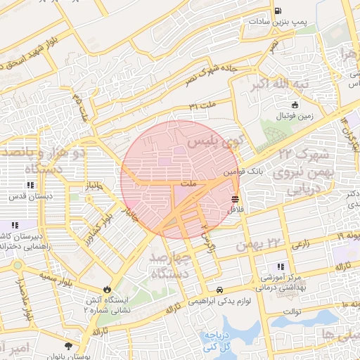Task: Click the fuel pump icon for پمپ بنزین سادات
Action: point(278,11)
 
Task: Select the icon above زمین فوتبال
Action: point(295,104)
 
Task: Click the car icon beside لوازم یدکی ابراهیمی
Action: point(220,290)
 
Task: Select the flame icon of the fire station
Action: point(106,288)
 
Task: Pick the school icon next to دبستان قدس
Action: point(30,185)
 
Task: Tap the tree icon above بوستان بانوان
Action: point(68,346)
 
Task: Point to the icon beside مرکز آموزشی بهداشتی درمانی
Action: point(281,266)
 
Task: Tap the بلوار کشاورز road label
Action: point(101,221)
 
